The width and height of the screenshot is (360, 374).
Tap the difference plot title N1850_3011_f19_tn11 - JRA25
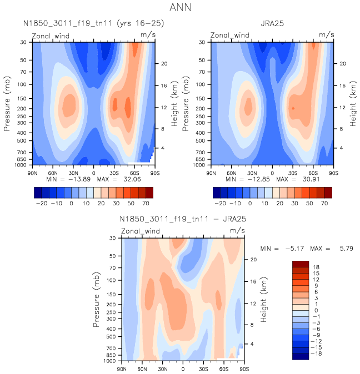tap(183, 219)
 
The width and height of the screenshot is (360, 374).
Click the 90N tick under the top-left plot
tap(32, 173)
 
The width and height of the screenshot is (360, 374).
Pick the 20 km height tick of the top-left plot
tap(164, 63)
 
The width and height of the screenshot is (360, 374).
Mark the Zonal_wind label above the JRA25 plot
tap(230, 35)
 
